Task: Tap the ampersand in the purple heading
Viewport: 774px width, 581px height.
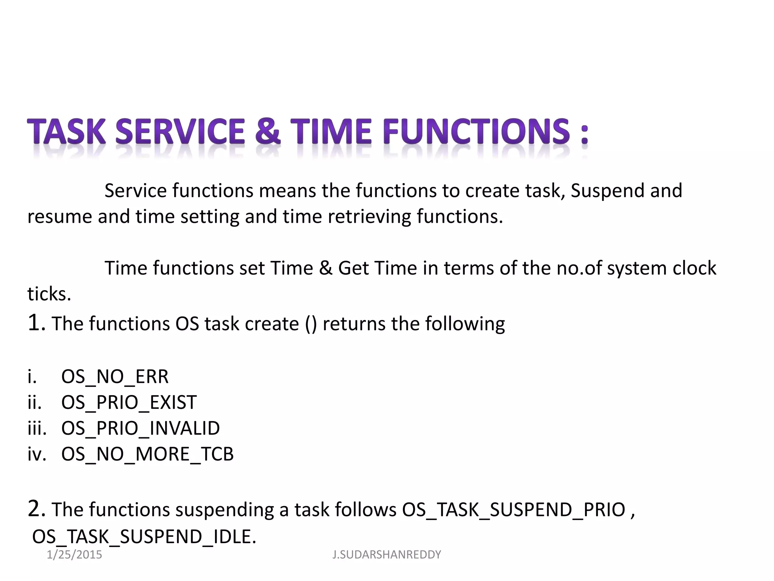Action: coord(268,131)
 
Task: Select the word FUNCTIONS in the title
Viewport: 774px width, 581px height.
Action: coord(476,131)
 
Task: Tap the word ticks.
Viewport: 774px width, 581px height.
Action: coord(49,294)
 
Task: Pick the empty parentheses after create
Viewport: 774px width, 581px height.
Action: coord(311,324)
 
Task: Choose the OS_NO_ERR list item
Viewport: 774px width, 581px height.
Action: coord(115,377)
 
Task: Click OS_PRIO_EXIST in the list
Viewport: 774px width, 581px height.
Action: coord(128,402)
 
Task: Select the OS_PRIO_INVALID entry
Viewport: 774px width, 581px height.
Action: coord(140,428)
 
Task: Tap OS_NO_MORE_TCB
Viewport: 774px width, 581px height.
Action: coord(147,454)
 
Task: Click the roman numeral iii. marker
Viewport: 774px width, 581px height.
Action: coord(37,428)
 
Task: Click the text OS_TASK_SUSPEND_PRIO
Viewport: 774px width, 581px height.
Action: coord(513,510)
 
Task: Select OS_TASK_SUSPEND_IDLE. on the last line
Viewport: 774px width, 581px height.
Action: coord(144,536)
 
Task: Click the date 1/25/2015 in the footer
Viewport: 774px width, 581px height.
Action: coord(74,555)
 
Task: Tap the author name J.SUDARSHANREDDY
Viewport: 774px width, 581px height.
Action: coord(387,555)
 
